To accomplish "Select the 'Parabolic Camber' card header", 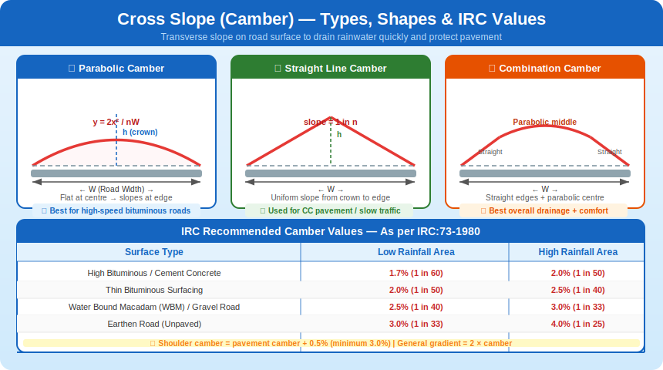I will [x=116, y=69].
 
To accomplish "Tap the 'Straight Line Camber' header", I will [x=331, y=69].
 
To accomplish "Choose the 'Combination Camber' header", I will [x=545, y=69].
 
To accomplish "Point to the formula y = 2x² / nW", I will [x=116, y=122].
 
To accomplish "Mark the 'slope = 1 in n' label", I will [x=330, y=122].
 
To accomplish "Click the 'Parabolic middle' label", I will [x=544, y=122].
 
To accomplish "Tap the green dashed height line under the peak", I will [x=331, y=146].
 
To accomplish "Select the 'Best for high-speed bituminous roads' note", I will [x=116, y=210].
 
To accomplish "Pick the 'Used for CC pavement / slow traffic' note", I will [x=331, y=210].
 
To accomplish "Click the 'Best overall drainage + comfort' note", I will [x=544, y=210].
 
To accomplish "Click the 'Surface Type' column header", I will [x=154, y=252].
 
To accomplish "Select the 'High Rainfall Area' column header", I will [x=578, y=252].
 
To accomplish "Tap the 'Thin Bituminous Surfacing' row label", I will [x=154, y=290].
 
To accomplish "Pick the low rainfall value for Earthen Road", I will [x=405, y=324].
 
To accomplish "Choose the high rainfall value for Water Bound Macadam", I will [x=578, y=307].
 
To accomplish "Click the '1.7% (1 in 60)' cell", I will [x=405, y=273].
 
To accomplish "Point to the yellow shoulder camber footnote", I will [x=331, y=343].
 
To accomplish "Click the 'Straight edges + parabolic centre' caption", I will [x=544, y=198].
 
